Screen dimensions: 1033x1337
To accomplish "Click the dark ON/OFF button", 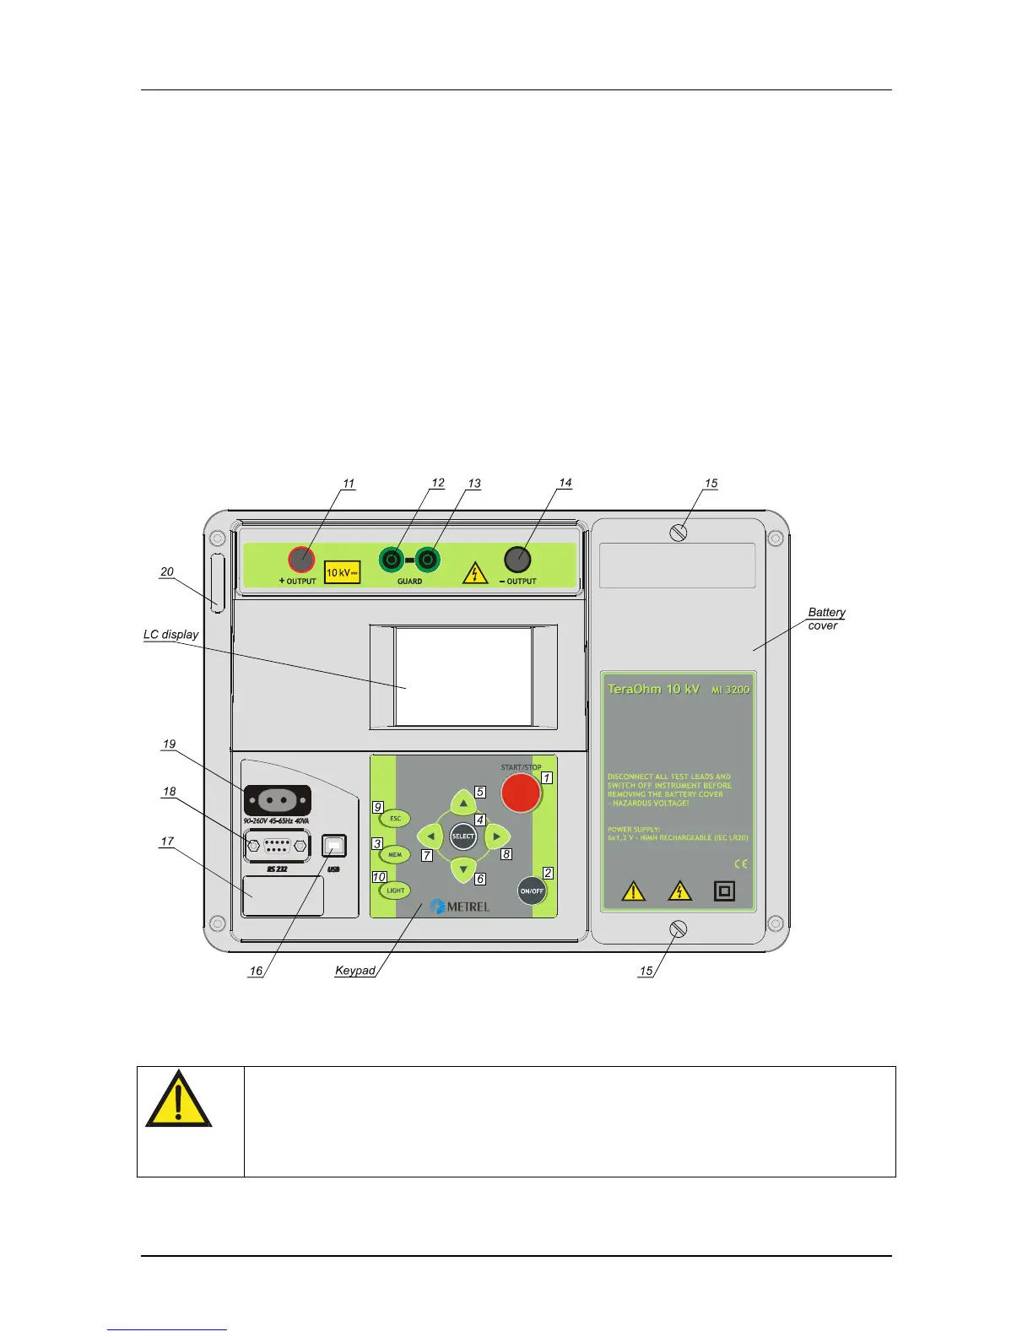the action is click(532, 890).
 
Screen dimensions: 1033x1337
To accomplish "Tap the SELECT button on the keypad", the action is click(463, 836).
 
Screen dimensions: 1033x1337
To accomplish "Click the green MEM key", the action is click(395, 855).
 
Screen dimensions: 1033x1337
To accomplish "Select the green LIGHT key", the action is click(395, 890).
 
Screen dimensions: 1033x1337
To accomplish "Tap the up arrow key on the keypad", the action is click(463, 804).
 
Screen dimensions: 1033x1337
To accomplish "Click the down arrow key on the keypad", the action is click(463, 869).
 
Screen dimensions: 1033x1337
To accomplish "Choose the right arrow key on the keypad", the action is click(497, 836).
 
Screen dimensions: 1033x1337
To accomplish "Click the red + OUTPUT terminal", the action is click(301, 559).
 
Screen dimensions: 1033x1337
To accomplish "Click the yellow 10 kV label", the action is click(343, 572).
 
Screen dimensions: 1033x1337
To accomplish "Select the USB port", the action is click(335, 845).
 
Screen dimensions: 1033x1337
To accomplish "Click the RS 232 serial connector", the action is click(277, 846).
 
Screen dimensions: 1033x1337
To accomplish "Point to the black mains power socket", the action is click(277, 800).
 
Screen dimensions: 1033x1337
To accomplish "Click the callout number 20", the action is click(167, 572).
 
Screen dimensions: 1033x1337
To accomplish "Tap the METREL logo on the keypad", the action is click(460, 907).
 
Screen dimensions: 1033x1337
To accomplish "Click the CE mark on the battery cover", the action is click(740, 863).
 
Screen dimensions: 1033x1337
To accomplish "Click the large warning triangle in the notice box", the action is click(178, 1101).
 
